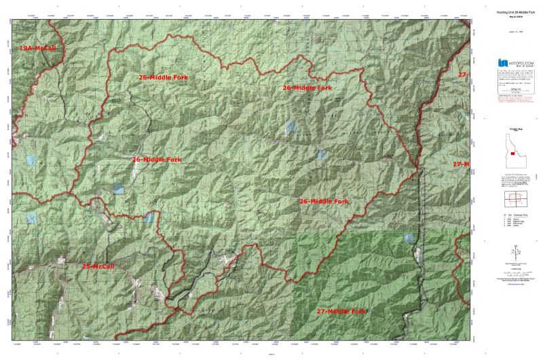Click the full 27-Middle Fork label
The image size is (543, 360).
pyautogui.click(x=341, y=311)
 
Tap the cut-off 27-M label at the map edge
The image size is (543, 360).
pyautogui.click(x=461, y=164)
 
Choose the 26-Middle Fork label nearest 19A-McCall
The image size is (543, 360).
pyautogui.click(x=163, y=78)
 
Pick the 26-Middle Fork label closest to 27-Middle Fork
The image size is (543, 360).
pyautogui.click(x=324, y=202)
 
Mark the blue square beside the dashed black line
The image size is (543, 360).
pyautogui.click(x=409, y=238)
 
